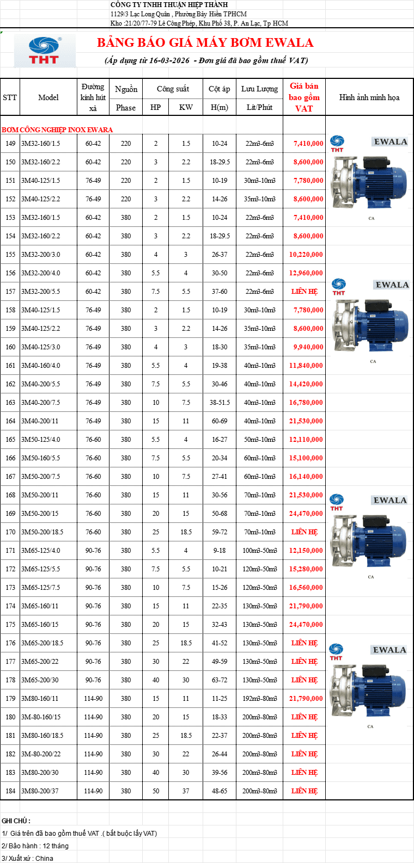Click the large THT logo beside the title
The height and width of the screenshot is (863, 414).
45,51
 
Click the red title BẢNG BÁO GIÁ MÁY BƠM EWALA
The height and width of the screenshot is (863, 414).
205,42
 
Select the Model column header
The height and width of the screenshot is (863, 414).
48,97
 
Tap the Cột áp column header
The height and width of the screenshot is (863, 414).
219,89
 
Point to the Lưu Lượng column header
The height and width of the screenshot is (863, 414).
259,89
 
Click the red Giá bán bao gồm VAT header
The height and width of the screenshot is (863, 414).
304,97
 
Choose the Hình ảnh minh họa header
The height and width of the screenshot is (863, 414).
369,97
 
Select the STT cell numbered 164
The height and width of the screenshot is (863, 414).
10,421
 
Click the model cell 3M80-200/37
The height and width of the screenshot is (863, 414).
40,791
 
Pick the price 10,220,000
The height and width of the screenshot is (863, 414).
306,254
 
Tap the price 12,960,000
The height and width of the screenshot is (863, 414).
306,273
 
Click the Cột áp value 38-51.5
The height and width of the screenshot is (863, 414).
220,402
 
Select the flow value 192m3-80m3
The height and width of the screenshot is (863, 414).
260,698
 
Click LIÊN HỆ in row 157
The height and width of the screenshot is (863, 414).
305,291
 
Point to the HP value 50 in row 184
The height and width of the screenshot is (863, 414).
155,791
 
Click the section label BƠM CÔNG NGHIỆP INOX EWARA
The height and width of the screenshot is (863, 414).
57,130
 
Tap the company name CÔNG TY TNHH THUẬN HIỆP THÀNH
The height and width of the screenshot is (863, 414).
169,4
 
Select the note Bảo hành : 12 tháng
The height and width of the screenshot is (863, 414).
35,846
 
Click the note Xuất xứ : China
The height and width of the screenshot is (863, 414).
27,858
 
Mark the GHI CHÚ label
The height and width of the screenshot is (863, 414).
16,821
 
